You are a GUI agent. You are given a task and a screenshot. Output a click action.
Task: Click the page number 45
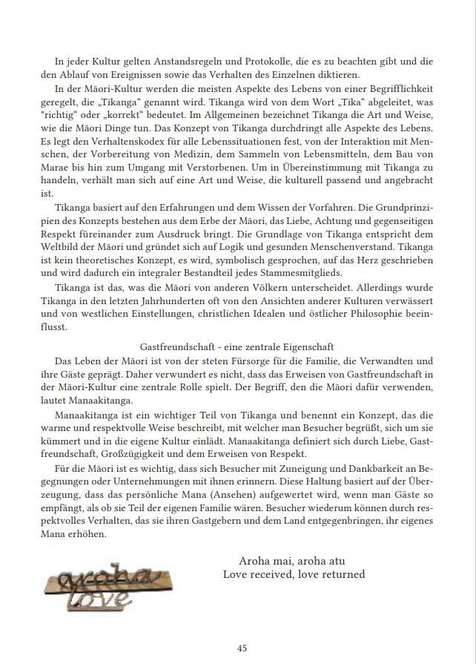click(242, 648)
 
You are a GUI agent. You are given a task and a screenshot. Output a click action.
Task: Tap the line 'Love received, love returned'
click(294, 574)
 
